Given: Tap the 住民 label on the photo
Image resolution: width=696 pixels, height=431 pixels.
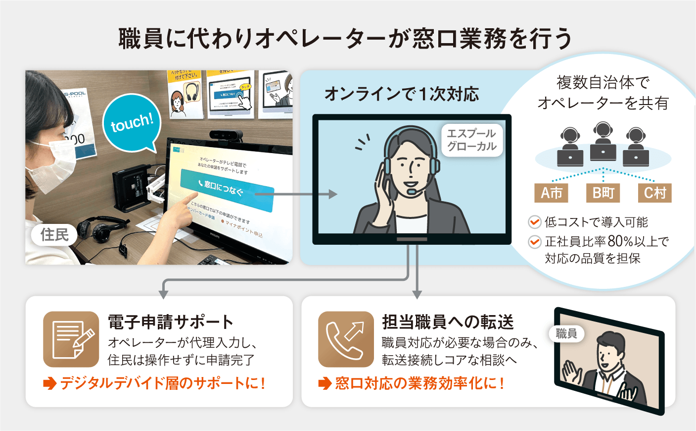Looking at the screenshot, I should pyautogui.click(x=54, y=234).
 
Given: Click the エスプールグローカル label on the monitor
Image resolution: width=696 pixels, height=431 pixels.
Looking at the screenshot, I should pyautogui.click(x=471, y=140).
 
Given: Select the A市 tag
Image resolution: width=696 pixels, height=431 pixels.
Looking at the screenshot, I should pyautogui.click(x=551, y=193).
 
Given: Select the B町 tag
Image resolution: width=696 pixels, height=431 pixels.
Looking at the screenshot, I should pyautogui.click(x=603, y=193).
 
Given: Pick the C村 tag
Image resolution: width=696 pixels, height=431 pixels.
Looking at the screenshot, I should pyautogui.click(x=654, y=193).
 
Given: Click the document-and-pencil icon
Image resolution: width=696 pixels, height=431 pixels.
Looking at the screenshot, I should pyautogui.click(x=71, y=339).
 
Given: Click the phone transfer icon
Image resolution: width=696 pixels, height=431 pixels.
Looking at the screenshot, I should pyautogui.click(x=346, y=339).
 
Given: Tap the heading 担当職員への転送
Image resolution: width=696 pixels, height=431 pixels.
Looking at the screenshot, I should pyautogui.click(x=448, y=322).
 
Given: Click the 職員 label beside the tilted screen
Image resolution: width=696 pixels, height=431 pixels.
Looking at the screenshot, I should pyautogui.click(x=566, y=333).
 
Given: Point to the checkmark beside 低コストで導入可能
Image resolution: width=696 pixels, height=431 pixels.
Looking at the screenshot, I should pyautogui.click(x=534, y=222).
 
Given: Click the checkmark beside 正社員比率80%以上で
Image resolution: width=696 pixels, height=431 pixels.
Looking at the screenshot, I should pyautogui.click(x=534, y=242).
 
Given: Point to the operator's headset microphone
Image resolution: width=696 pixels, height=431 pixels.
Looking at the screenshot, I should pyautogui.click(x=412, y=191).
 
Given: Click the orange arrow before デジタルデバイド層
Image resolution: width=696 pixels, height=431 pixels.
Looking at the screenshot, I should pyautogui.click(x=49, y=383).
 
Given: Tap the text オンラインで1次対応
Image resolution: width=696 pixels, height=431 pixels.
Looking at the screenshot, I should pyautogui.click(x=401, y=94).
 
